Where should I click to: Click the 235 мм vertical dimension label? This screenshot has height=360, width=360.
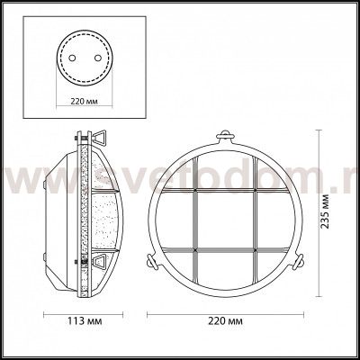[x=324, y=211]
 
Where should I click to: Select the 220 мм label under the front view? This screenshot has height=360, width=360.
[x=225, y=321]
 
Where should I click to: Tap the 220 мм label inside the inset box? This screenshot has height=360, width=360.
[x=85, y=101]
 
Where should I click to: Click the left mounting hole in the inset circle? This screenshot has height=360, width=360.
[x=72, y=58]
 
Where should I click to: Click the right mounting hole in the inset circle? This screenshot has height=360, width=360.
[x=97, y=58]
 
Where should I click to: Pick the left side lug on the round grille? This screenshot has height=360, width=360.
[x=151, y=260]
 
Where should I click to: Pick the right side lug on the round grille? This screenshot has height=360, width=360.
[x=299, y=260]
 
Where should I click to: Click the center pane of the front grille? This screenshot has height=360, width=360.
[x=225, y=220]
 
